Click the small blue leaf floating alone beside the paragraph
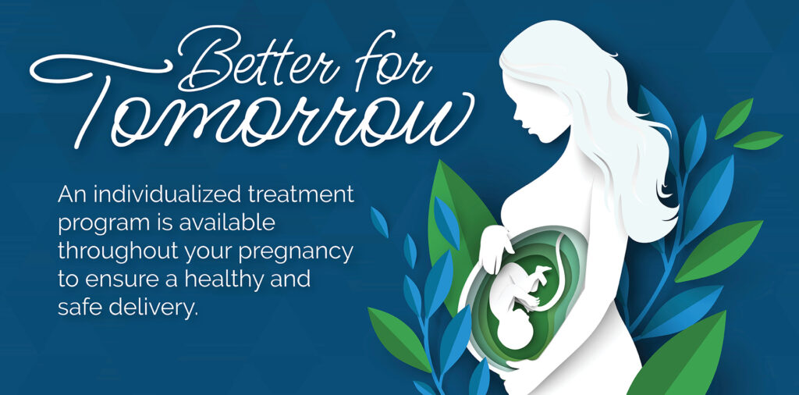click(379, 222)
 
